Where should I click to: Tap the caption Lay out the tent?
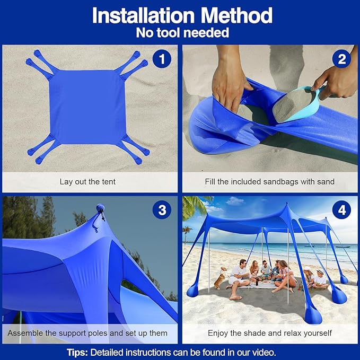pyautogui.click(x=87, y=181)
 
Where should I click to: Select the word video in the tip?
pyautogui.click(x=264, y=352)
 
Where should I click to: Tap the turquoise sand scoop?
pyautogui.click(x=297, y=104)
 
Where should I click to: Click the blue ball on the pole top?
pyautogui.click(x=100, y=208)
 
